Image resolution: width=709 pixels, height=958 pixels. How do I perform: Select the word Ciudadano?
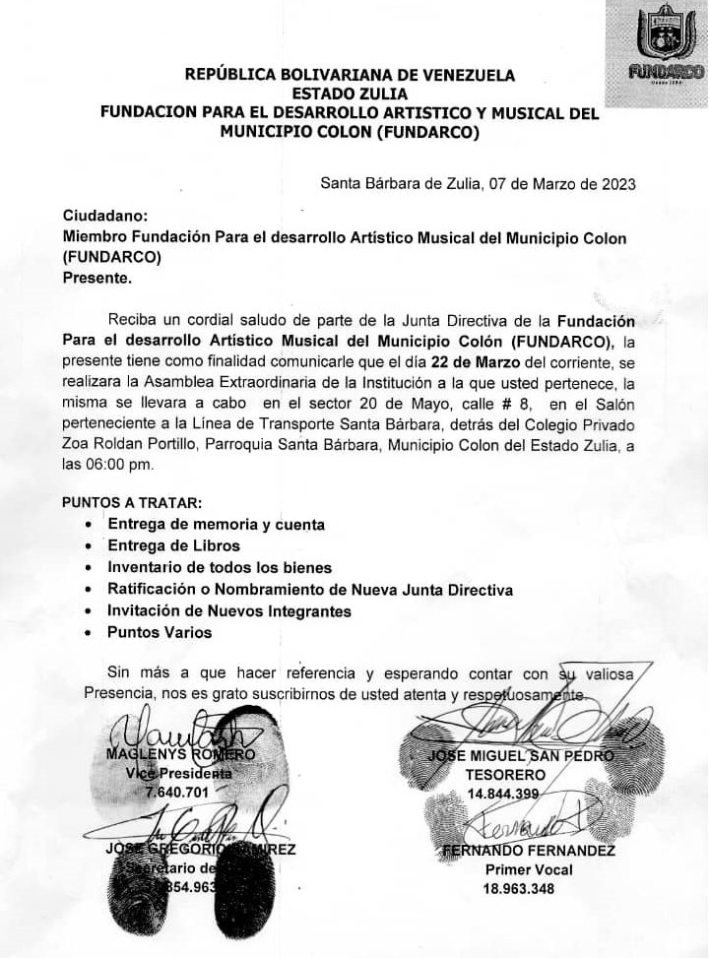point(105,215)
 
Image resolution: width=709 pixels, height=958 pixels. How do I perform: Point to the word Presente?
point(97,278)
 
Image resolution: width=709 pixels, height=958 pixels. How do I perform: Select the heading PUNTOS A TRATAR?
point(131,502)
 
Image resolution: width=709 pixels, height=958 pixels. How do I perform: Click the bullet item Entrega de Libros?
point(173,545)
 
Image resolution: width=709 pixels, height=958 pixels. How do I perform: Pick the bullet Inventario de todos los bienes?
point(220,567)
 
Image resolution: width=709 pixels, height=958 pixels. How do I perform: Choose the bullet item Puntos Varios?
point(160,632)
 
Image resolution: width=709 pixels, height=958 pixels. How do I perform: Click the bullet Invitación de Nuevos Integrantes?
point(229,610)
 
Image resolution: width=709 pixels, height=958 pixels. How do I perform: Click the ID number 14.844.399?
point(503,795)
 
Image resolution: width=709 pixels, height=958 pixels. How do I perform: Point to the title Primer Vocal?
point(529,869)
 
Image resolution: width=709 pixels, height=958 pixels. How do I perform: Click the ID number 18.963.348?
point(518,889)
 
